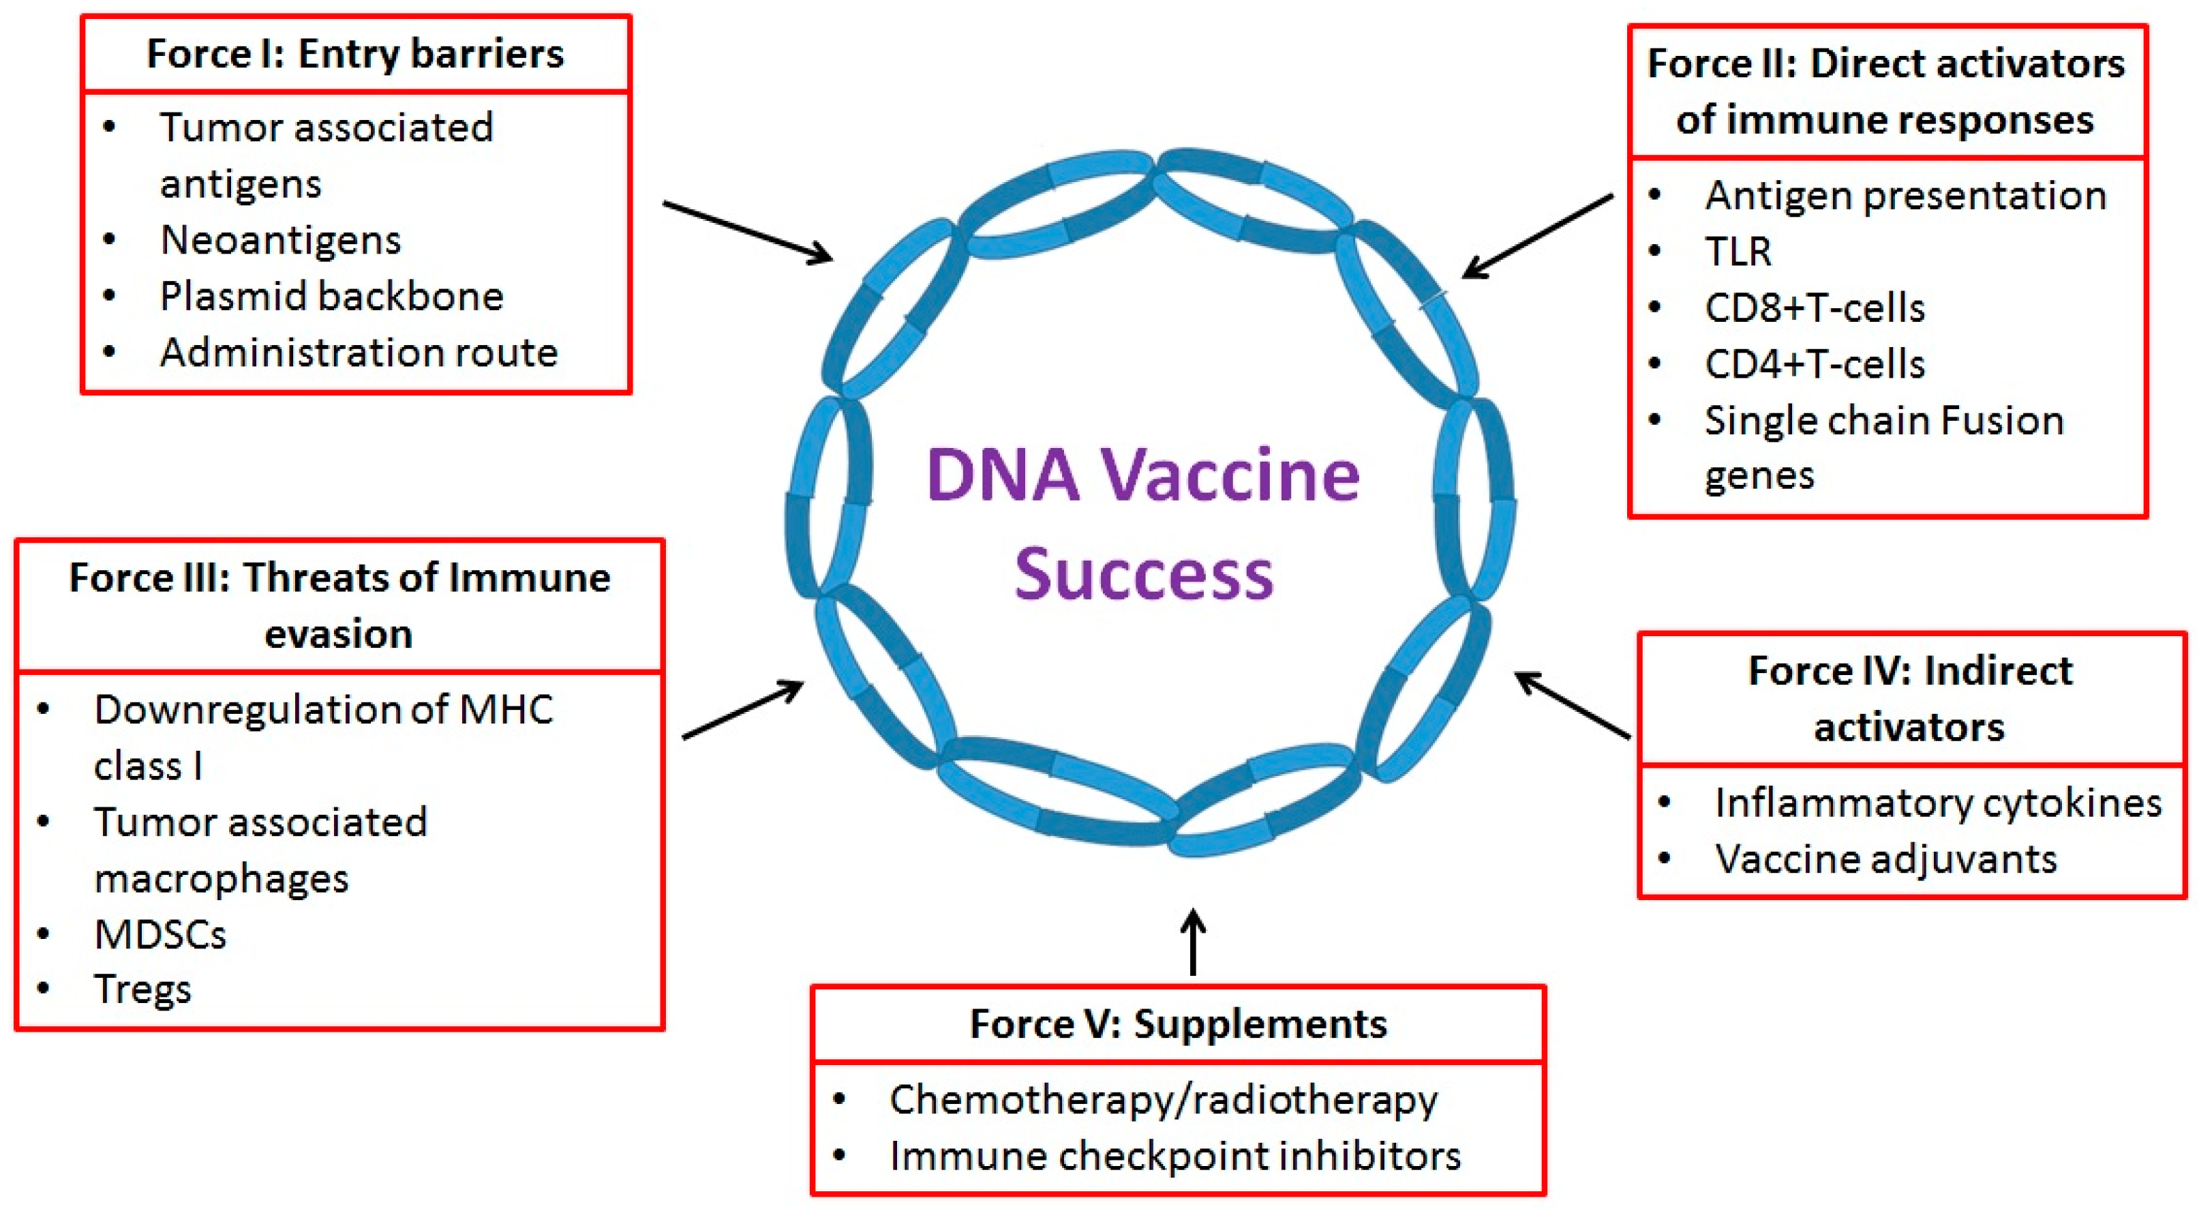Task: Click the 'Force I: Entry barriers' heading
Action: [x=355, y=55]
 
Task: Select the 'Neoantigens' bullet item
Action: [x=280, y=241]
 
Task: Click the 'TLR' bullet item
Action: [x=1737, y=252]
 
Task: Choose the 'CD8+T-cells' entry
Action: [x=1814, y=308]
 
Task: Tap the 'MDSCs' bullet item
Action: [x=160, y=935]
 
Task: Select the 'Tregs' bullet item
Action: [x=142, y=990]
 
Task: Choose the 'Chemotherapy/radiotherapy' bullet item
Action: [x=1163, y=1101]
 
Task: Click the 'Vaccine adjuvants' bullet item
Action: [x=1885, y=860]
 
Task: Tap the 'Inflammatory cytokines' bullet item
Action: [x=1938, y=803]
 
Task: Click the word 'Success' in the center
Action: [x=1144, y=573]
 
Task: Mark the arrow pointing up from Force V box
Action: [x=1193, y=941]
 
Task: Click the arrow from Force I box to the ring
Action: [x=747, y=231]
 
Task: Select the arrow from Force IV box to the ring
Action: [x=1573, y=705]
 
